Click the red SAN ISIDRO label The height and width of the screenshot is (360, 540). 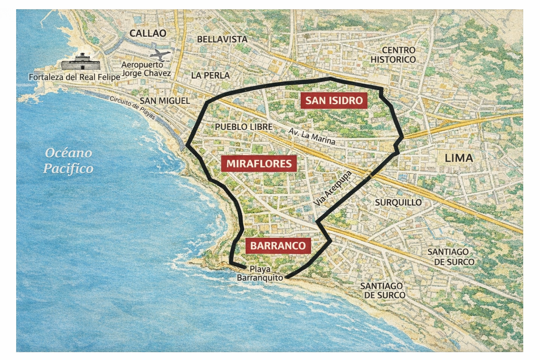click(x=334, y=100)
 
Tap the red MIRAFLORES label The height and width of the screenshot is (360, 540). click(x=259, y=163)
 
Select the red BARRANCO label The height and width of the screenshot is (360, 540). click(x=278, y=245)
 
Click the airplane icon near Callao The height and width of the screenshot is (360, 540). click(x=160, y=55)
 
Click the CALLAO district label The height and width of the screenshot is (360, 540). click(x=148, y=33)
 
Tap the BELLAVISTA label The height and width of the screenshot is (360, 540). click(x=222, y=39)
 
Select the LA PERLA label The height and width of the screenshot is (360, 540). click(x=210, y=75)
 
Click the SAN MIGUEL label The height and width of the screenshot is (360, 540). click(x=165, y=101)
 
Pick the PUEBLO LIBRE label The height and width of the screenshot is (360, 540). click(x=244, y=127)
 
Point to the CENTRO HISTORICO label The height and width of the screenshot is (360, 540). click(x=393, y=55)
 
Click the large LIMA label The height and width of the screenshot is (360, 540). click(x=459, y=158)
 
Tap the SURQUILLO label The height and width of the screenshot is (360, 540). click(x=398, y=202)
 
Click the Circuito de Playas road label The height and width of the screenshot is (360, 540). click(x=133, y=107)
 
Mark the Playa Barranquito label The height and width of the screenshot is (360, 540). click(x=260, y=274)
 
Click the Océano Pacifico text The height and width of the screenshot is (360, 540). click(x=69, y=161)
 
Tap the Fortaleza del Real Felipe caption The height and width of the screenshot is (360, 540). click(x=74, y=77)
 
